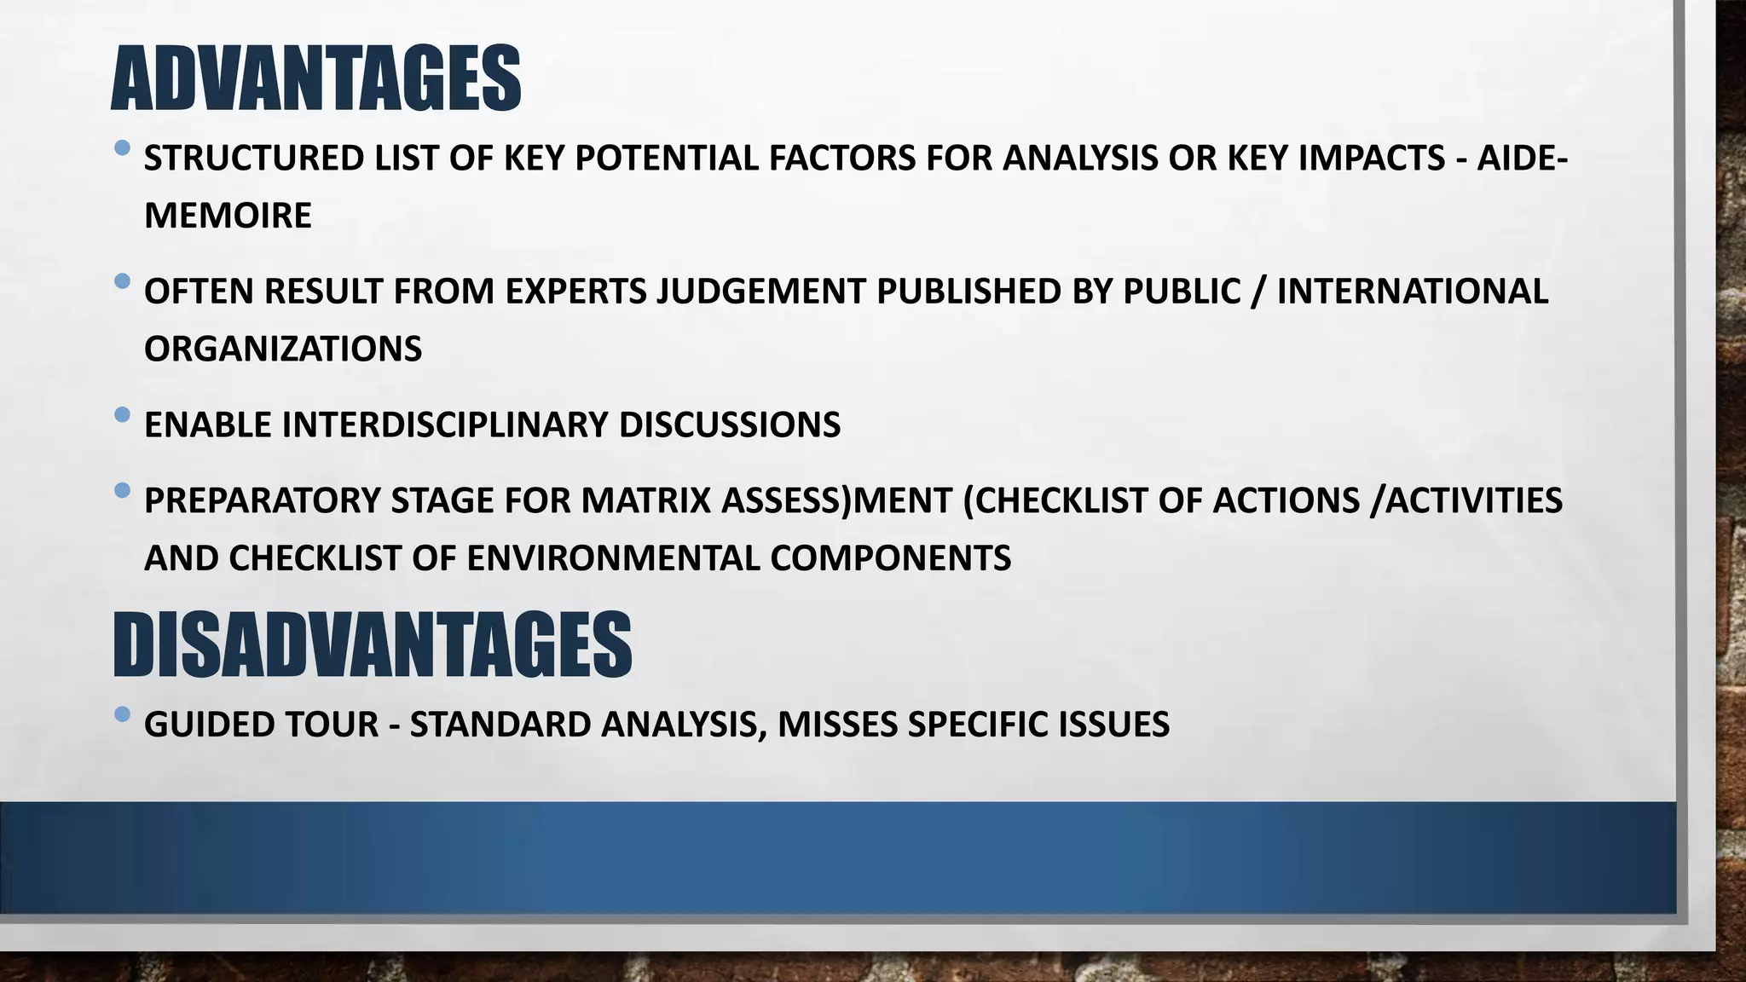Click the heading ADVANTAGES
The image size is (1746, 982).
pos(315,79)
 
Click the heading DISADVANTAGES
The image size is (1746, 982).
pos(372,644)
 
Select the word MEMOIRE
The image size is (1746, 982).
pos(228,216)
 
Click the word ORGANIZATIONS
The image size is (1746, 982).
pos(283,349)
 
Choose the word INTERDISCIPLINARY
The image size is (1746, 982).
pos(444,425)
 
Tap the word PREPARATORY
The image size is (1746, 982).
pos(262,500)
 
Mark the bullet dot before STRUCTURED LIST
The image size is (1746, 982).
pos(122,148)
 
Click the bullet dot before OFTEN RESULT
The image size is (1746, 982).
pos(122,280)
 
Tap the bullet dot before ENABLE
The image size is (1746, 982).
pos(122,415)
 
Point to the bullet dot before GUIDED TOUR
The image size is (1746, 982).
pos(122,714)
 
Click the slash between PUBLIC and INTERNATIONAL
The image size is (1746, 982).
pos(1257,292)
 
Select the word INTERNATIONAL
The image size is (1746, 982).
pos(1412,292)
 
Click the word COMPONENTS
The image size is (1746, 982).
pos(890,558)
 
